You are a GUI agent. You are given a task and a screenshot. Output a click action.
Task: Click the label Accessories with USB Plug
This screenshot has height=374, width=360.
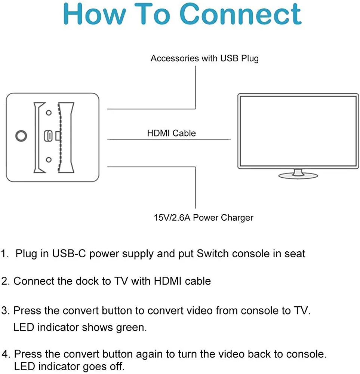tap(204, 58)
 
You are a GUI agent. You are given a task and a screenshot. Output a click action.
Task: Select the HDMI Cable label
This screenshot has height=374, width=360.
tap(171, 133)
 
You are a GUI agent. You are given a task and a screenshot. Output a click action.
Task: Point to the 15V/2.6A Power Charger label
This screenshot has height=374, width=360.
tap(204, 218)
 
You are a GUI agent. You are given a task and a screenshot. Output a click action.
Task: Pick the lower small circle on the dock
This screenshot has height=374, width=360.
tap(48, 160)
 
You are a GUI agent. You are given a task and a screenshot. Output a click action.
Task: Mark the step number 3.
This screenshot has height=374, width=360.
tap(5, 311)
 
